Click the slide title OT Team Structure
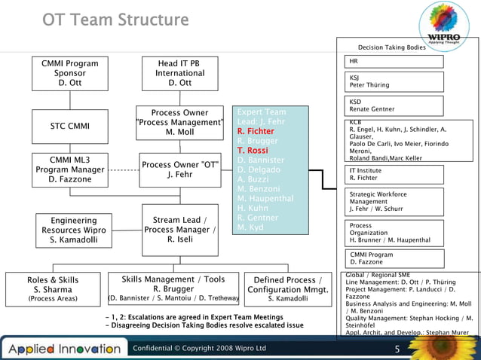(115, 19)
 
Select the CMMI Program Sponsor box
(69, 73)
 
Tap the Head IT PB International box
(179, 73)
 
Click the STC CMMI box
(69, 126)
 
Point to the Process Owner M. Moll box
(179, 123)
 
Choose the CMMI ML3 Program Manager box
(69, 169)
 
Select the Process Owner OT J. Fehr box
(180, 170)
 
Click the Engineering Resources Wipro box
(73, 230)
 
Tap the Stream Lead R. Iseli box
(180, 230)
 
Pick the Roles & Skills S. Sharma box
(52, 289)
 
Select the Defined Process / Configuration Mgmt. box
(288, 289)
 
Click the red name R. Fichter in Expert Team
(256, 131)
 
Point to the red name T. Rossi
(253, 150)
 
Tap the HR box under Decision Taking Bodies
(394, 61)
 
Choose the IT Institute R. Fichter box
(394, 175)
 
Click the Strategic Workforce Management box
(394, 201)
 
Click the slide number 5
(397, 349)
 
